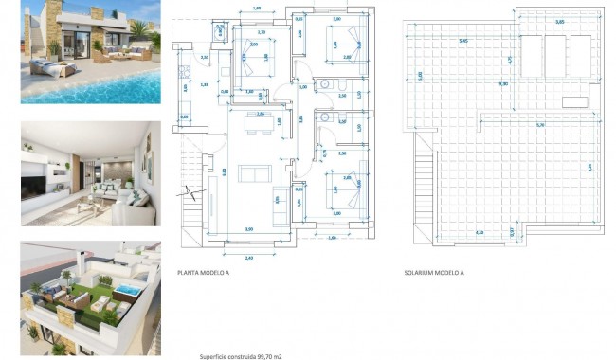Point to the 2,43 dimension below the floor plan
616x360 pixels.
(x=248, y=257)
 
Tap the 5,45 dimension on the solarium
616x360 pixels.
(x=462, y=42)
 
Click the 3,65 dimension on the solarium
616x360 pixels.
(x=559, y=21)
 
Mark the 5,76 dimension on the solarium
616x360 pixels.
(x=539, y=125)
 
